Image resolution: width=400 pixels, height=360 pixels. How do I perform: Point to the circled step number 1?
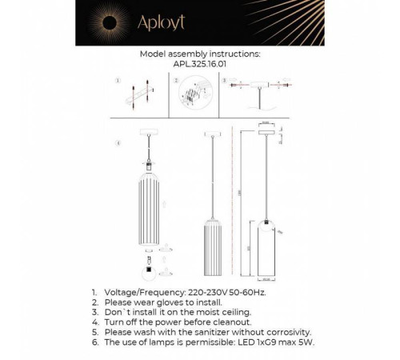(118, 81)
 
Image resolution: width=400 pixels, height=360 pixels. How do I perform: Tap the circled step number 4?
(117, 144)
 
